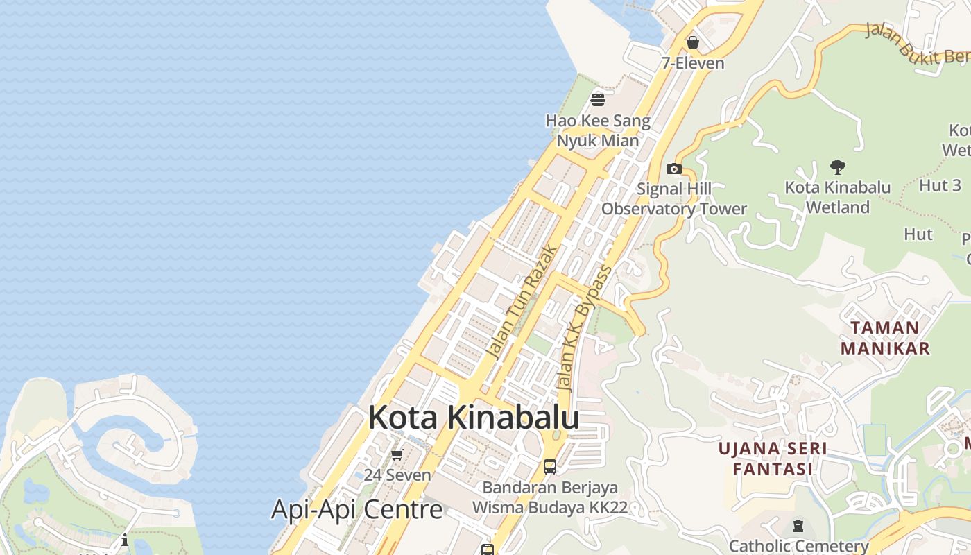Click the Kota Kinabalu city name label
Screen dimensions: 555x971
pyautogui.click(x=474, y=418)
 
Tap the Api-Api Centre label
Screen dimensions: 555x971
pyautogui.click(x=356, y=509)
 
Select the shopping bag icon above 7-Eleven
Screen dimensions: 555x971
pyautogui.click(x=692, y=43)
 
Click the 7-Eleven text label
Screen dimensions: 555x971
pyautogui.click(x=692, y=63)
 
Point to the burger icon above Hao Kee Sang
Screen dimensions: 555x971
pyautogui.click(x=598, y=99)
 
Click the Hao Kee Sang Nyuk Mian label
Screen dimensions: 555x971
pyautogui.click(x=598, y=130)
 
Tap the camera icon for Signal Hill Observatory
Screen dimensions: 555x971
pyautogui.click(x=673, y=169)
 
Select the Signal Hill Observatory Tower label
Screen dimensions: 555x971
pyautogui.click(x=674, y=198)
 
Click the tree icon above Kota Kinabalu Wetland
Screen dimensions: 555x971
pyautogui.click(x=838, y=166)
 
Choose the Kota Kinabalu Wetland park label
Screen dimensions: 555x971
pyautogui.click(x=838, y=197)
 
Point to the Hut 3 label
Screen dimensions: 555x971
pyautogui.click(x=940, y=185)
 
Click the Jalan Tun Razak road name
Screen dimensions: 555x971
pyautogui.click(x=522, y=301)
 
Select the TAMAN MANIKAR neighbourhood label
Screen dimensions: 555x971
pyautogui.click(x=885, y=337)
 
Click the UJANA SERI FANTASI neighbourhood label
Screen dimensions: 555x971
pyautogui.click(x=773, y=459)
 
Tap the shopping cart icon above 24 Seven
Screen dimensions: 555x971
pyautogui.click(x=397, y=455)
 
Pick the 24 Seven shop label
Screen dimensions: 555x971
pyautogui.click(x=397, y=475)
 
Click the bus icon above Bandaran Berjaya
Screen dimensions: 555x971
pyautogui.click(x=550, y=466)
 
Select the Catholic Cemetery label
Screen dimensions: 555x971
pyautogui.click(x=799, y=546)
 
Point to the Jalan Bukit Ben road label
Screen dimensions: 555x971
pyautogui.click(x=916, y=44)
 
